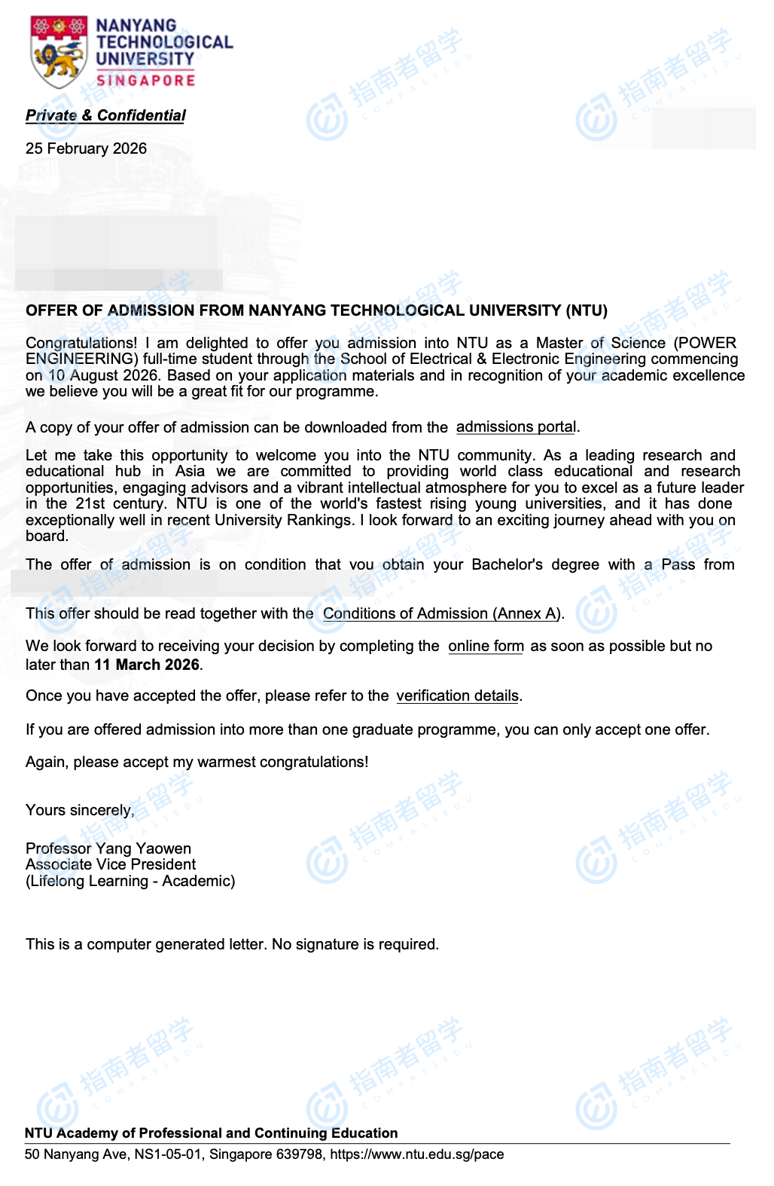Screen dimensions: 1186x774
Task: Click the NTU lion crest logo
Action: pos(59,52)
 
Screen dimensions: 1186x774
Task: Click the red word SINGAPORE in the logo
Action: pos(145,80)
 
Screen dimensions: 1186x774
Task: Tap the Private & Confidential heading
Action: pos(105,115)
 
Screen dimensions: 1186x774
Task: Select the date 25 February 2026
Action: pos(86,148)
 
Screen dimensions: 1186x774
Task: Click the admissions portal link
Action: pos(516,426)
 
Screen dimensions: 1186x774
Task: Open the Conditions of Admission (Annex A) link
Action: pos(441,613)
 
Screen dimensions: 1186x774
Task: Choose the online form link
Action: pos(486,646)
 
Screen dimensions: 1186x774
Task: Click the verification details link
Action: pos(457,695)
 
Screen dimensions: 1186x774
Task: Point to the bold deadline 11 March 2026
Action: pos(147,665)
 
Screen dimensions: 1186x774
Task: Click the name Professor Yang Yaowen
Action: pos(108,848)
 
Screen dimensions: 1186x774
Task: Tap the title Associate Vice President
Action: pos(111,864)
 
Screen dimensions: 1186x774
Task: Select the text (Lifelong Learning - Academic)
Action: pos(130,881)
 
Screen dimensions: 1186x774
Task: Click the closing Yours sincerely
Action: pos(80,810)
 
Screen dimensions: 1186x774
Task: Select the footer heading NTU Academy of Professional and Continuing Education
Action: pos(211,1133)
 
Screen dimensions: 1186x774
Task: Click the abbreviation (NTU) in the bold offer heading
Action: pos(587,310)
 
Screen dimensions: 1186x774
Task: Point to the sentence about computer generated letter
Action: pos(232,944)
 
